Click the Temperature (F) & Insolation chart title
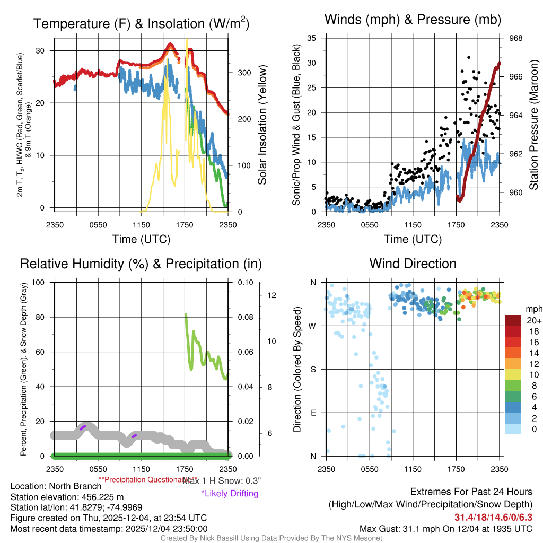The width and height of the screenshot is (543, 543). click(x=141, y=24)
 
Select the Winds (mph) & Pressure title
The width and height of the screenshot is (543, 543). click(x=413, y=20)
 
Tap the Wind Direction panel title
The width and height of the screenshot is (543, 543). click(x=413, y=264)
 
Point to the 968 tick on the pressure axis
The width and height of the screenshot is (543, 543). click(x=516, y=38)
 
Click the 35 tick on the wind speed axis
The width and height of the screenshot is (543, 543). click(x=312, y=38)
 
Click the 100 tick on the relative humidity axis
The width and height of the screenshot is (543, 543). click(x=38, y=283)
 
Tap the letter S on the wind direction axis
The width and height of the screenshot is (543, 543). click(x=313, y=370)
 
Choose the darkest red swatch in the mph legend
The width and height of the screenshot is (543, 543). click(x=513, y=320)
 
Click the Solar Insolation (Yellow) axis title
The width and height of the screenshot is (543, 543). click(x=262, y=125)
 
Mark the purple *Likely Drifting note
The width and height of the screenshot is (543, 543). click(x=230, y=493)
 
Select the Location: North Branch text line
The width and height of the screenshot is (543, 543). click(x=56, y=486)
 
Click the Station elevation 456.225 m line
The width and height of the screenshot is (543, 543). click(x=67, y=497)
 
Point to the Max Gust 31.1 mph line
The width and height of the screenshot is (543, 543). click(x=446, y=529)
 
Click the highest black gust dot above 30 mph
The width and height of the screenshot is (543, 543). click(x=469, y=57)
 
